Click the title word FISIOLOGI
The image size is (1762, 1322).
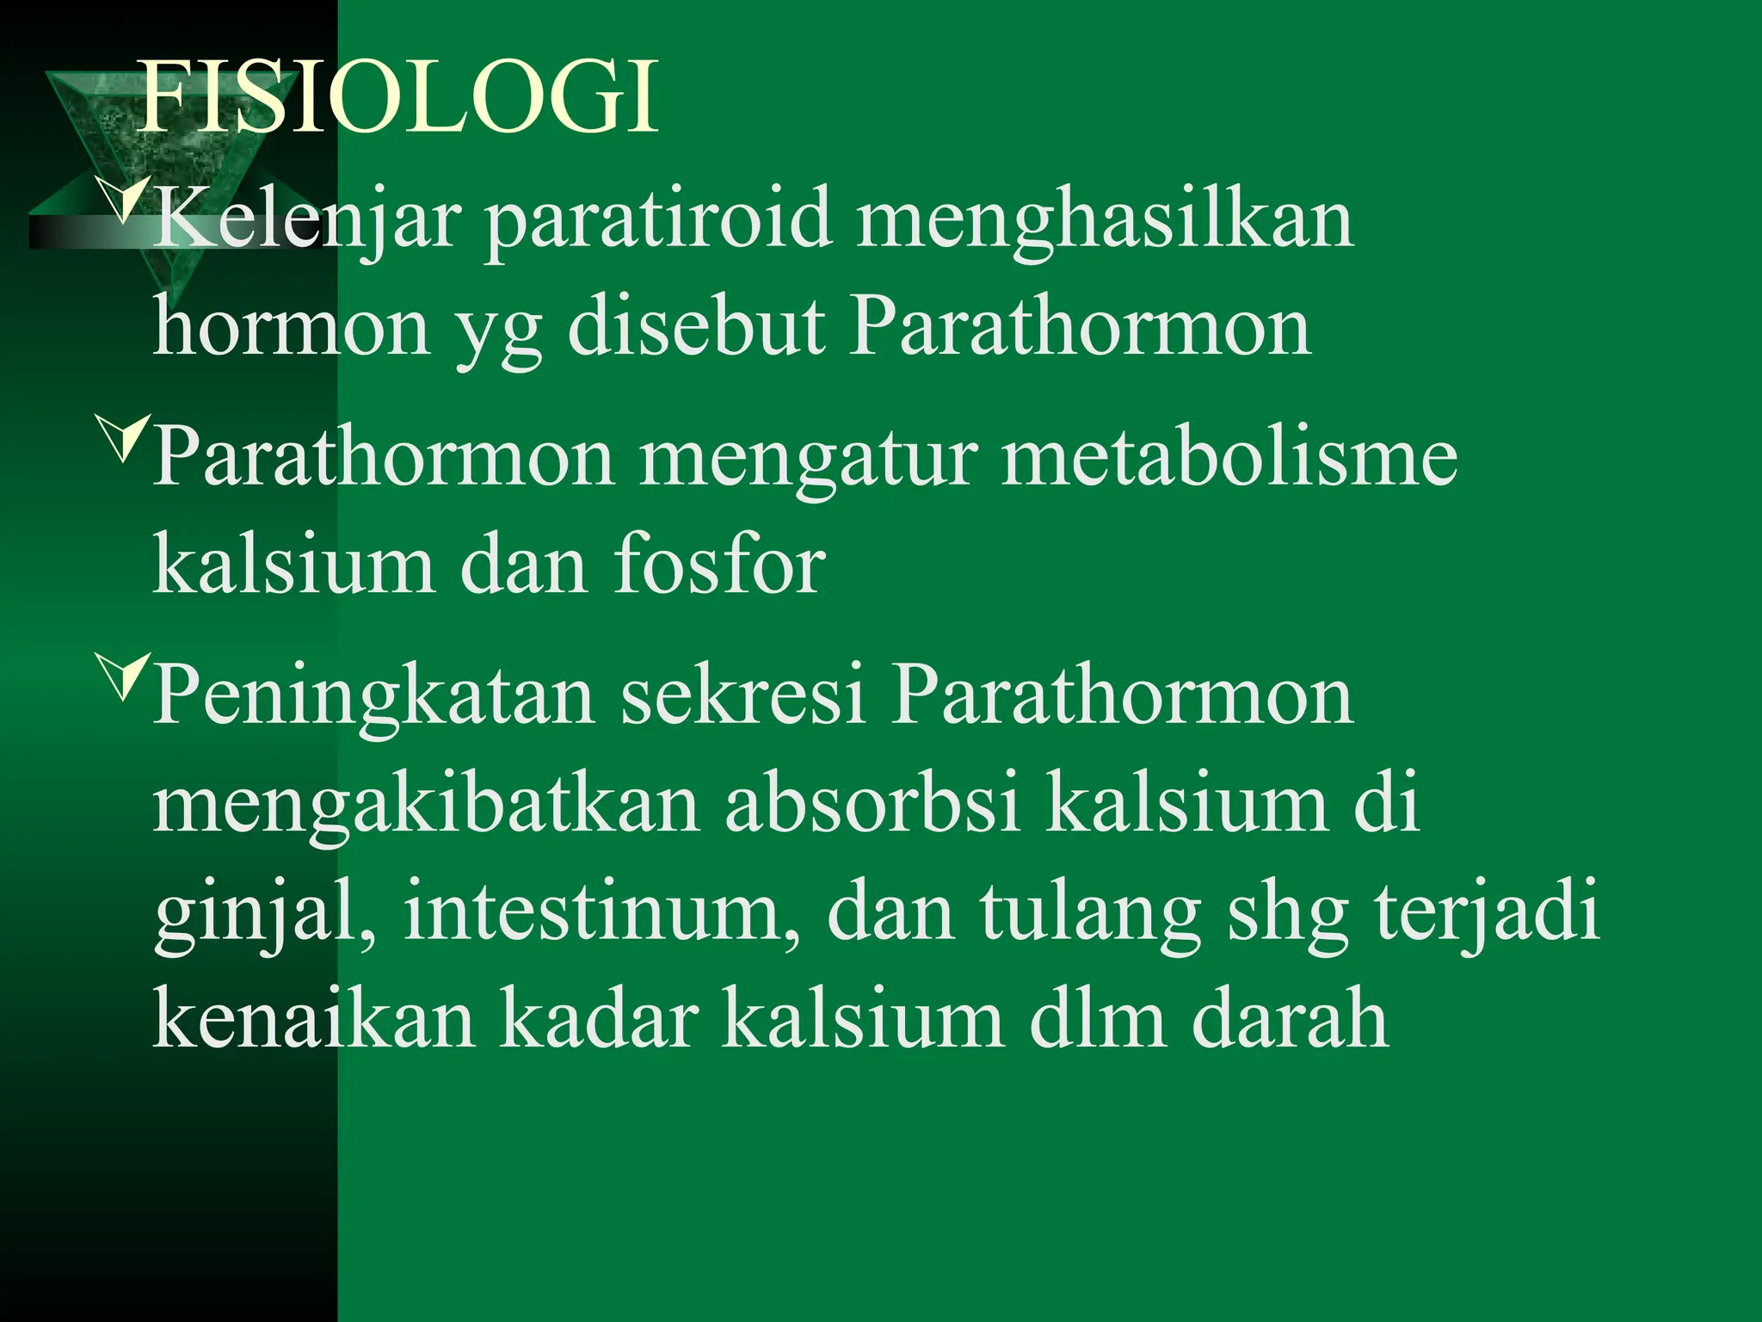[398, 96]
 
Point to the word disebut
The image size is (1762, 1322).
[695, 329]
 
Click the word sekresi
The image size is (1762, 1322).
[742, 695]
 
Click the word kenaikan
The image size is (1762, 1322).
[314, 1020]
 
